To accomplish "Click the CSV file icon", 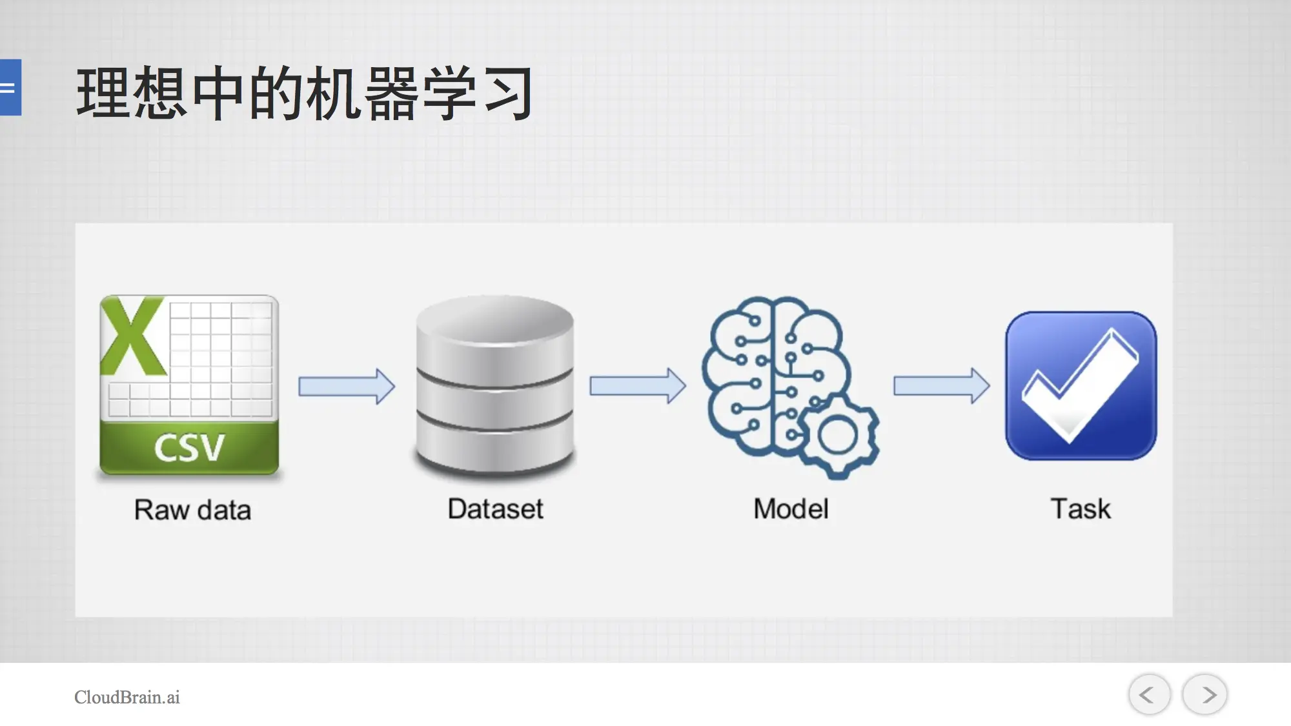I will pos(189,385).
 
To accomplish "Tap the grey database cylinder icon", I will pos(495,385).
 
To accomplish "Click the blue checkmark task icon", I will pos(1081,386).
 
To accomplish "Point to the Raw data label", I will pos(192,510).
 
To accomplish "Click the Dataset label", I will pos(495,509).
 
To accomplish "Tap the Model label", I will pos(791,509).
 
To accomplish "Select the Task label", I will pos(1081,509).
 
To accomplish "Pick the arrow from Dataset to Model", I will pos(638,386).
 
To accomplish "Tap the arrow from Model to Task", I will pos(941,386).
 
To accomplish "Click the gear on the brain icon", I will pos(837,437).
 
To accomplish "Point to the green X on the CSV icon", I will pos(132,336).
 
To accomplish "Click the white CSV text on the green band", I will pos(189,448).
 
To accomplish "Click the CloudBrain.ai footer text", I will pos(127,697).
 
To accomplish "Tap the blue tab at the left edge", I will pos(10,87).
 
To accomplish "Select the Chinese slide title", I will pos(305,93).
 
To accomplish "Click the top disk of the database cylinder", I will pos(495,329).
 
